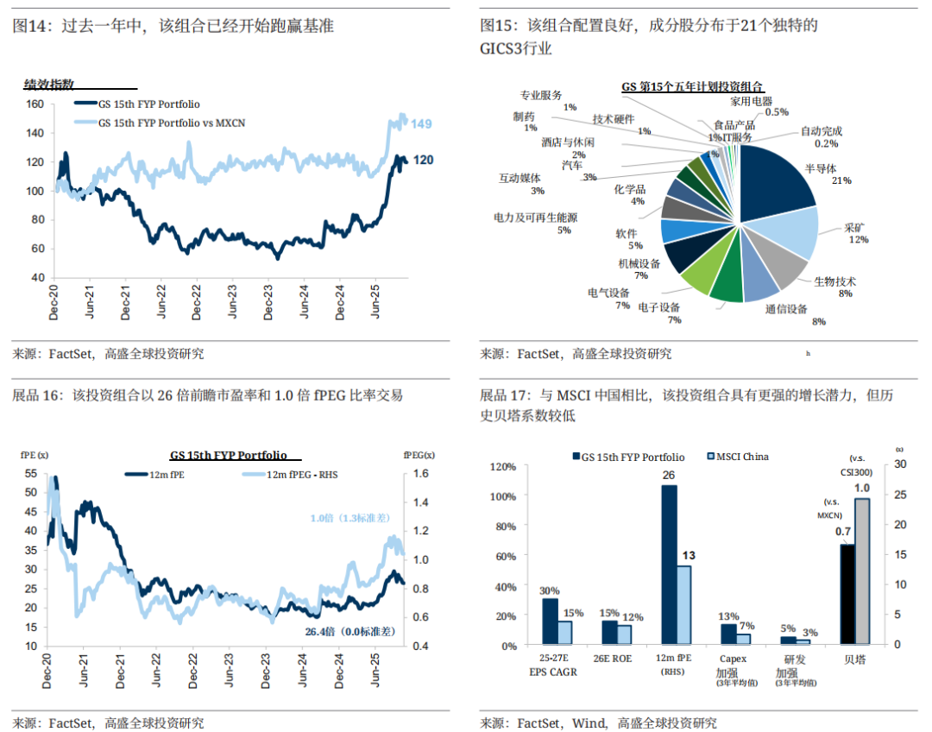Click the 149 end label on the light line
(421, 124)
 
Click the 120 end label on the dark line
(423, 161)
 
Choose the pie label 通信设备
(786, 308)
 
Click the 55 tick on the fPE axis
(31, 473)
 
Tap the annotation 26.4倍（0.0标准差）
(349, 631)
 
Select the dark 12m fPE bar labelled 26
(669, 565)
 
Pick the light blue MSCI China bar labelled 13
(683, 605)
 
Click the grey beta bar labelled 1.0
(862, 571)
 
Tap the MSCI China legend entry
(737, 457)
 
